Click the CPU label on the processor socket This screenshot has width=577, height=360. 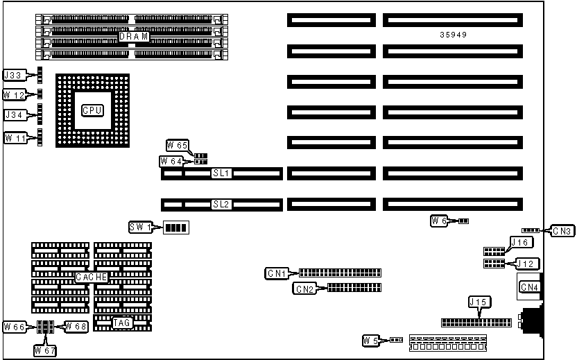coord(92,110)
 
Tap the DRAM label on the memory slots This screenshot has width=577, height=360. coord(134,36)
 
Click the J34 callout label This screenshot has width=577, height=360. coord(15,114)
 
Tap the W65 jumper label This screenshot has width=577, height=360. coord(177,145)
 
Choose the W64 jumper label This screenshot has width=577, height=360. coord(171,161)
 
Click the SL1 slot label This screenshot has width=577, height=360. coord(222,173)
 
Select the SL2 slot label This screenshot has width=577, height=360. coord(222,205)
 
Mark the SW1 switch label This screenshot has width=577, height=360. coord(140,228)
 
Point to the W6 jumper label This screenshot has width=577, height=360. coord(440,221)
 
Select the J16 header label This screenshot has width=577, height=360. coord(520,242)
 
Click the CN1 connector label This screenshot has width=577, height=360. coord(277,273)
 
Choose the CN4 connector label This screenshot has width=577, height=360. coord(528,287)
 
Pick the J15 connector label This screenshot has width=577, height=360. coord(478,302)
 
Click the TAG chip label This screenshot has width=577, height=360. coord(122,322)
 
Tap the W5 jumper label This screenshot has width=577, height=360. coord(372,340)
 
